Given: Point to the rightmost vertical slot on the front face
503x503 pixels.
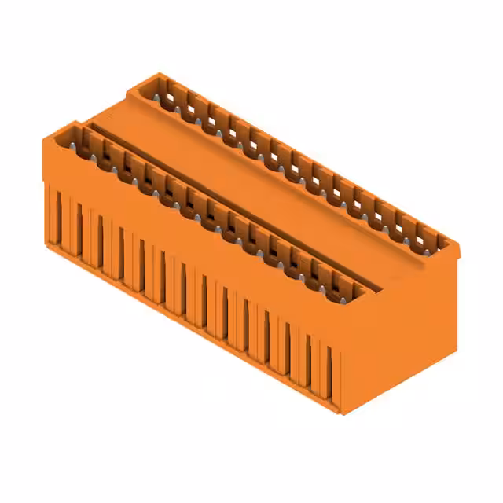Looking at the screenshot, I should tap(329, 373).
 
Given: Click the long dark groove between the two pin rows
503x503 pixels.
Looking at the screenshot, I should tap(236, 200).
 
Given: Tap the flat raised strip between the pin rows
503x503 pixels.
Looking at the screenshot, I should tap(259, 189).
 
